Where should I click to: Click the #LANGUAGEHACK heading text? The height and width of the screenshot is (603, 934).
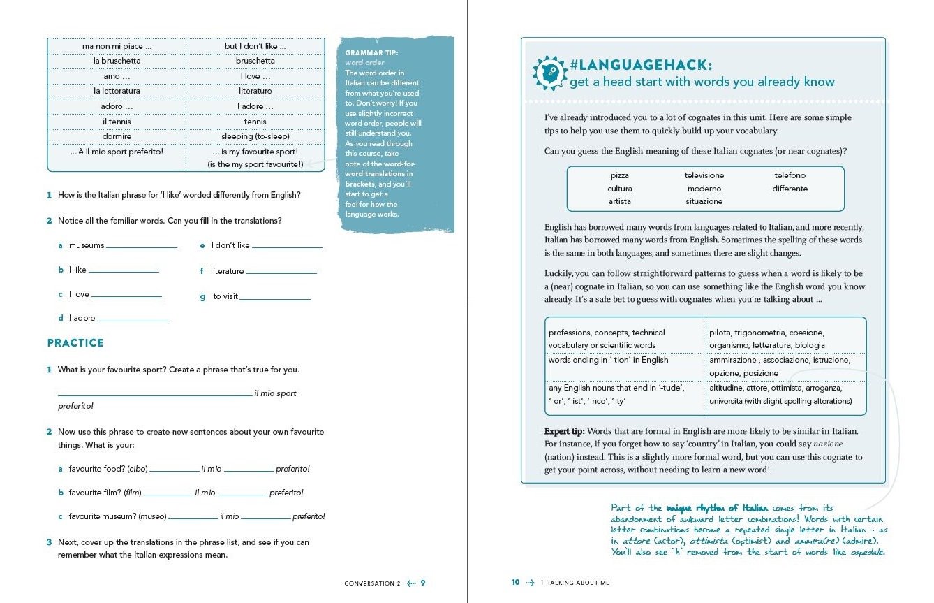click(641, 65)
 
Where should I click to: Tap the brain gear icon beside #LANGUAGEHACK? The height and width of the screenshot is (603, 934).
click(549, 73)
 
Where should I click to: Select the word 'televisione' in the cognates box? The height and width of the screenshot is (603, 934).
click(704, 175)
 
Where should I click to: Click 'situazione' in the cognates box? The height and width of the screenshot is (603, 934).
click(704, 201)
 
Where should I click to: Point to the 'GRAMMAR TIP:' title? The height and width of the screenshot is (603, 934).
click(371, 52)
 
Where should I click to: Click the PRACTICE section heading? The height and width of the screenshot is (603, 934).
click(75, 343)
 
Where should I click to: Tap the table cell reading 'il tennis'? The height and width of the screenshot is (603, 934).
click(117, 122)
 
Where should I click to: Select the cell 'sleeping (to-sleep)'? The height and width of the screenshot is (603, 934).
click(255, 136)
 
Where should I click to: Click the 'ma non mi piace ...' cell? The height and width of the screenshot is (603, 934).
click(117, 46)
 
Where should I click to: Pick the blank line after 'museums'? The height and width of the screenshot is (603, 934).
click(142, 247)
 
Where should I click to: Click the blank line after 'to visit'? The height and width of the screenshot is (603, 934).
click(274, 298)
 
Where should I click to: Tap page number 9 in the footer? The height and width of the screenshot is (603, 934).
click(422, 583)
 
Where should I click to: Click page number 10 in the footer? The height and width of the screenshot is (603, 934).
click(516, 583)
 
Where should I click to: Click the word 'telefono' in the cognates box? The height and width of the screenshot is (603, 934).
click(790, 175)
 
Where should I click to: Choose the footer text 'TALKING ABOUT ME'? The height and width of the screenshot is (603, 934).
click(578, 583)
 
